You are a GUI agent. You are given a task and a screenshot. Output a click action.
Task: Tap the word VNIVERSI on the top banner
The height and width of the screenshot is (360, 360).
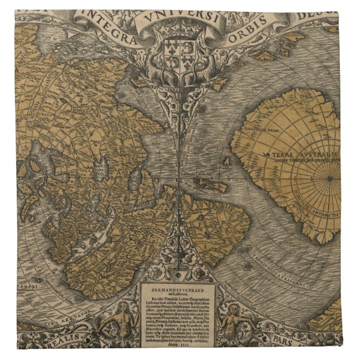point(180,17)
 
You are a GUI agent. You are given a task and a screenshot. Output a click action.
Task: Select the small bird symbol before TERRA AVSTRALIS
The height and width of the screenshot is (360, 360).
point(268,152)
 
